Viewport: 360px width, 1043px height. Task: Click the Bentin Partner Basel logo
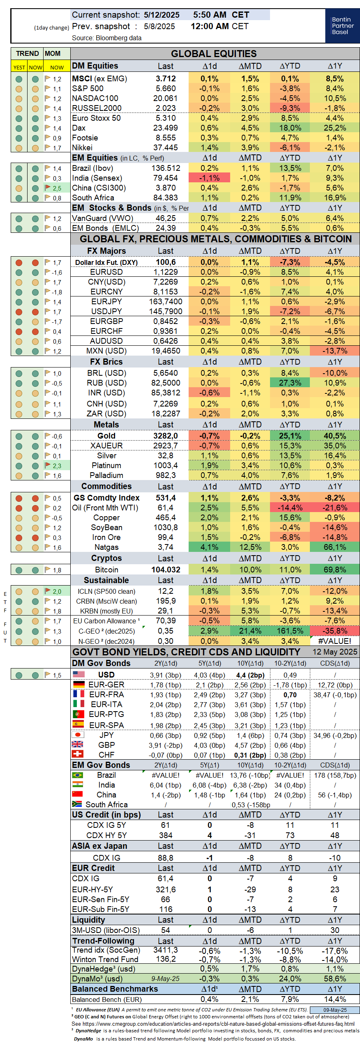342,25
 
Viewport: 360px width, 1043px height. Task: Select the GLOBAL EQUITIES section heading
214,54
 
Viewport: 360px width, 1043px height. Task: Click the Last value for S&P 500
166,88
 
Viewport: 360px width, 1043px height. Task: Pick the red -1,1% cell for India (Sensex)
209,178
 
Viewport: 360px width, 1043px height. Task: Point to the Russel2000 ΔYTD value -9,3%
290,108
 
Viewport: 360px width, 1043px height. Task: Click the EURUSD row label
106,272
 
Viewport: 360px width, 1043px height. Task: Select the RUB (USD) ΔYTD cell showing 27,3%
290,383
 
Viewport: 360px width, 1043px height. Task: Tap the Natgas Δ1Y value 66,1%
335,547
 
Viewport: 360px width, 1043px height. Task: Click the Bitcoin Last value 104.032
166,570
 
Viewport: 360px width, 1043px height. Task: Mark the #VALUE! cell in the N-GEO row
335,641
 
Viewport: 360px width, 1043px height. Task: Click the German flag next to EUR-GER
78,685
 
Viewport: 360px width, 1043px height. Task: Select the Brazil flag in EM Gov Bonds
77,775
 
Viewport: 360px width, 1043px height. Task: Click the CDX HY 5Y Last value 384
166,835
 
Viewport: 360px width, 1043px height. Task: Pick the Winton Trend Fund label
105,959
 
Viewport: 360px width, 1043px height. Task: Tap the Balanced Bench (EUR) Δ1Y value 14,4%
335,999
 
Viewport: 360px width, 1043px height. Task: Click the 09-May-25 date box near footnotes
335,1010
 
